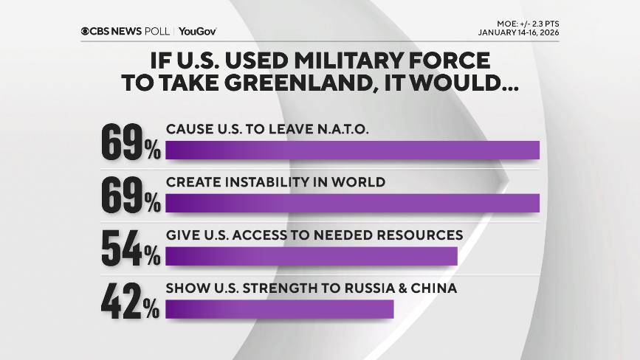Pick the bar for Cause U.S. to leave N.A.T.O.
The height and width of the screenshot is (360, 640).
pyautogui.click(x=352, y=150)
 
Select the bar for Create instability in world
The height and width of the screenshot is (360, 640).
pyautogui.click(x=352, y=203)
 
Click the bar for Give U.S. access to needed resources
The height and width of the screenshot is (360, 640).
pyautogui.click(x=311, y=256)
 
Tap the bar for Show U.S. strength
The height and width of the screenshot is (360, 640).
pyautogui.click(x=279, y=309)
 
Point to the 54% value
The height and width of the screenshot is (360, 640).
pyautogui.click(x=130, y=249)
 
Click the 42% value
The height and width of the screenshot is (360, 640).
pyautogui.click(x=130, y=302)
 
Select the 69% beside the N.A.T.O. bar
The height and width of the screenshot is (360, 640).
pyautogui.click(x=130, y=142)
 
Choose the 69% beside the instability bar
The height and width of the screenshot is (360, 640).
pyautogui.click(x=130, y=195)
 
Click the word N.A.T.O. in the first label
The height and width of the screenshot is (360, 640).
pyautogui.click(x=337, y=129)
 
